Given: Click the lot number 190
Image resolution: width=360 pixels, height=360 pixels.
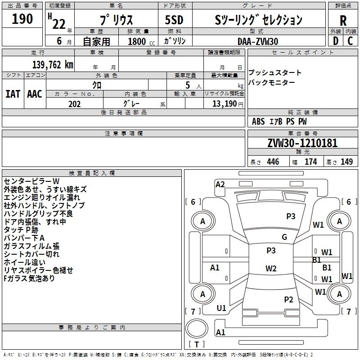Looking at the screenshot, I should [x=22, y=19].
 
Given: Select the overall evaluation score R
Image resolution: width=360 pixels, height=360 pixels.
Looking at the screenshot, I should [x=343, y=20].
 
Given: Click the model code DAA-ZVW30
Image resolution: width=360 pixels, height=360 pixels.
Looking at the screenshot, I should [x=258, y=40].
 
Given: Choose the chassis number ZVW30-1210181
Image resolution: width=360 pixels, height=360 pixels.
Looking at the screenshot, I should [x=302, y=143].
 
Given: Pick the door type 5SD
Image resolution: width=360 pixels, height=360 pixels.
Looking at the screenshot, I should [x=174, y=19].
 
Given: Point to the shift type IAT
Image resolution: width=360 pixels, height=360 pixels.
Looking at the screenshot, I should [x=13, y=94].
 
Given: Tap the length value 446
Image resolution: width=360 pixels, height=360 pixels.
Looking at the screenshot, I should [x=273, y=162].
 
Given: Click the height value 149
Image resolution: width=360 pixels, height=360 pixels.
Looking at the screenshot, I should [x=346, y=162].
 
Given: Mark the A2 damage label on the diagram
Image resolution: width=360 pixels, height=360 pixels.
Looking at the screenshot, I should [x=220, y=184].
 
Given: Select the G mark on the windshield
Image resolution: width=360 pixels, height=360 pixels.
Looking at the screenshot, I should [x=284, y=237].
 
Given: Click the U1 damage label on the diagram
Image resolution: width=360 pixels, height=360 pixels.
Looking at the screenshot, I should [x=221, y=308].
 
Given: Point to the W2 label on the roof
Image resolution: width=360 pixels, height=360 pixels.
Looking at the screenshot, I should [x=271, y=269].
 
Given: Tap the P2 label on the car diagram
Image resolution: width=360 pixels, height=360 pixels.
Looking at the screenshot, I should [x=288, y=299].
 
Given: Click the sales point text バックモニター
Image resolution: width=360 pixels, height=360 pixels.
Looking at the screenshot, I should [x=272, y=82].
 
